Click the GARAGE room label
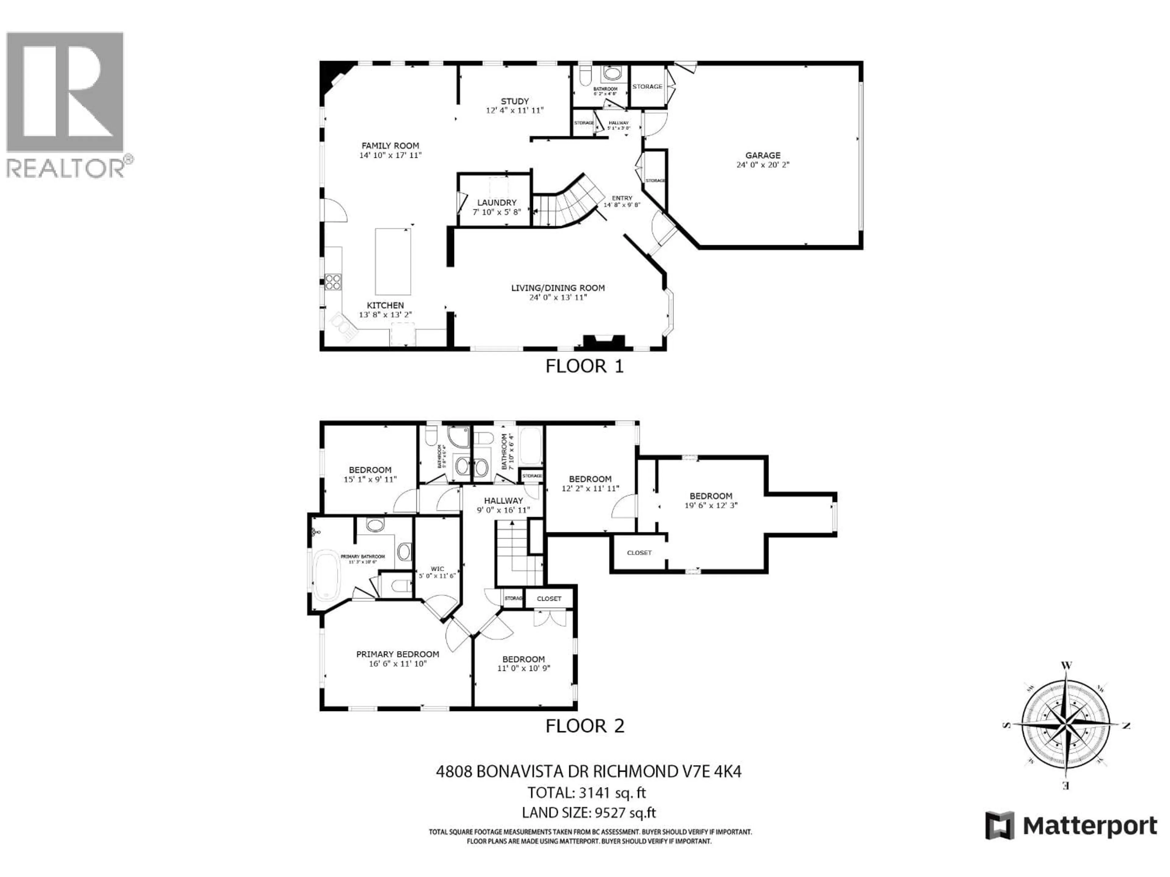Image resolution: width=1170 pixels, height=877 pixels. click(762, 155)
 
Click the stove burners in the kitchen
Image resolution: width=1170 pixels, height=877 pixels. click(333, 282)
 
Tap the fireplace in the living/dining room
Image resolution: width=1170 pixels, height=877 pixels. click(604, 342)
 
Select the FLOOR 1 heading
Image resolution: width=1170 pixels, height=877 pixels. click(584, 366)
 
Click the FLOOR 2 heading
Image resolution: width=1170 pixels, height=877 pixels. click(584, 726)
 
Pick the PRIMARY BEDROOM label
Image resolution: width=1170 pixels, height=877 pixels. click(397, 654)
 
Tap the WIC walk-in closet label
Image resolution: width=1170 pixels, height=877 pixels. click(437, 569)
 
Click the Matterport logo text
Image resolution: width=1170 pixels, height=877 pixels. click(1090, 826)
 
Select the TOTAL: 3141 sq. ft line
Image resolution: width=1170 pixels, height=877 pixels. click(586, 792)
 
